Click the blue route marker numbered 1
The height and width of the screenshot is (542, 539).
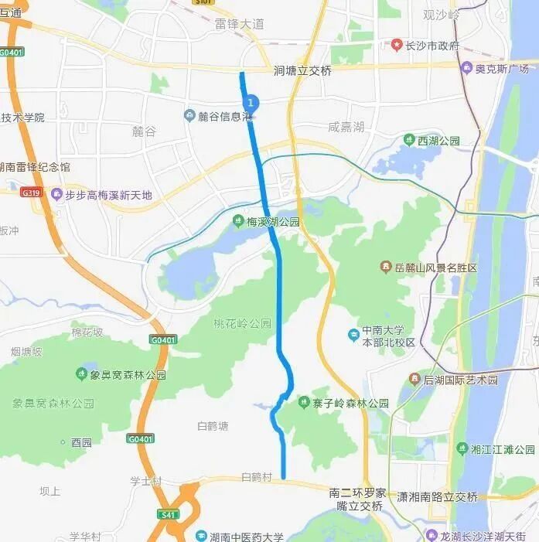(x=250, y=102)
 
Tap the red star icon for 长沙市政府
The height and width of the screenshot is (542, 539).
(x=397, y=45)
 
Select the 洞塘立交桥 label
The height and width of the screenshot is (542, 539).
(x=302, y=70)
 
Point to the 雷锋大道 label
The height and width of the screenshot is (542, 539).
(x=240, y=24)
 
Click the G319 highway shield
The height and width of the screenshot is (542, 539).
(x=31, y=193)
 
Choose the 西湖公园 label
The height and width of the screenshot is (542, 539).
(x=438, y=141)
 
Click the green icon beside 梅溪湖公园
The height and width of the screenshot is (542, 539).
(x=238, y=222)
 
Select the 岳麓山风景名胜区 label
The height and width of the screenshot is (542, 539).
(x=435, y=268)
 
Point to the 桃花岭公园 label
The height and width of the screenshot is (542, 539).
(x=244, y=323)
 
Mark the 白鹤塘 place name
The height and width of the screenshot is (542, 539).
(x=213, y=426)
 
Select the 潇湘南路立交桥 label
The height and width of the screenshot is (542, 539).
(x=437, y=497)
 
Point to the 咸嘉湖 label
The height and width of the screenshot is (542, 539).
(x=346, y=127)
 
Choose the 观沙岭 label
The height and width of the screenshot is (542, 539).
(x=442, y=15)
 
